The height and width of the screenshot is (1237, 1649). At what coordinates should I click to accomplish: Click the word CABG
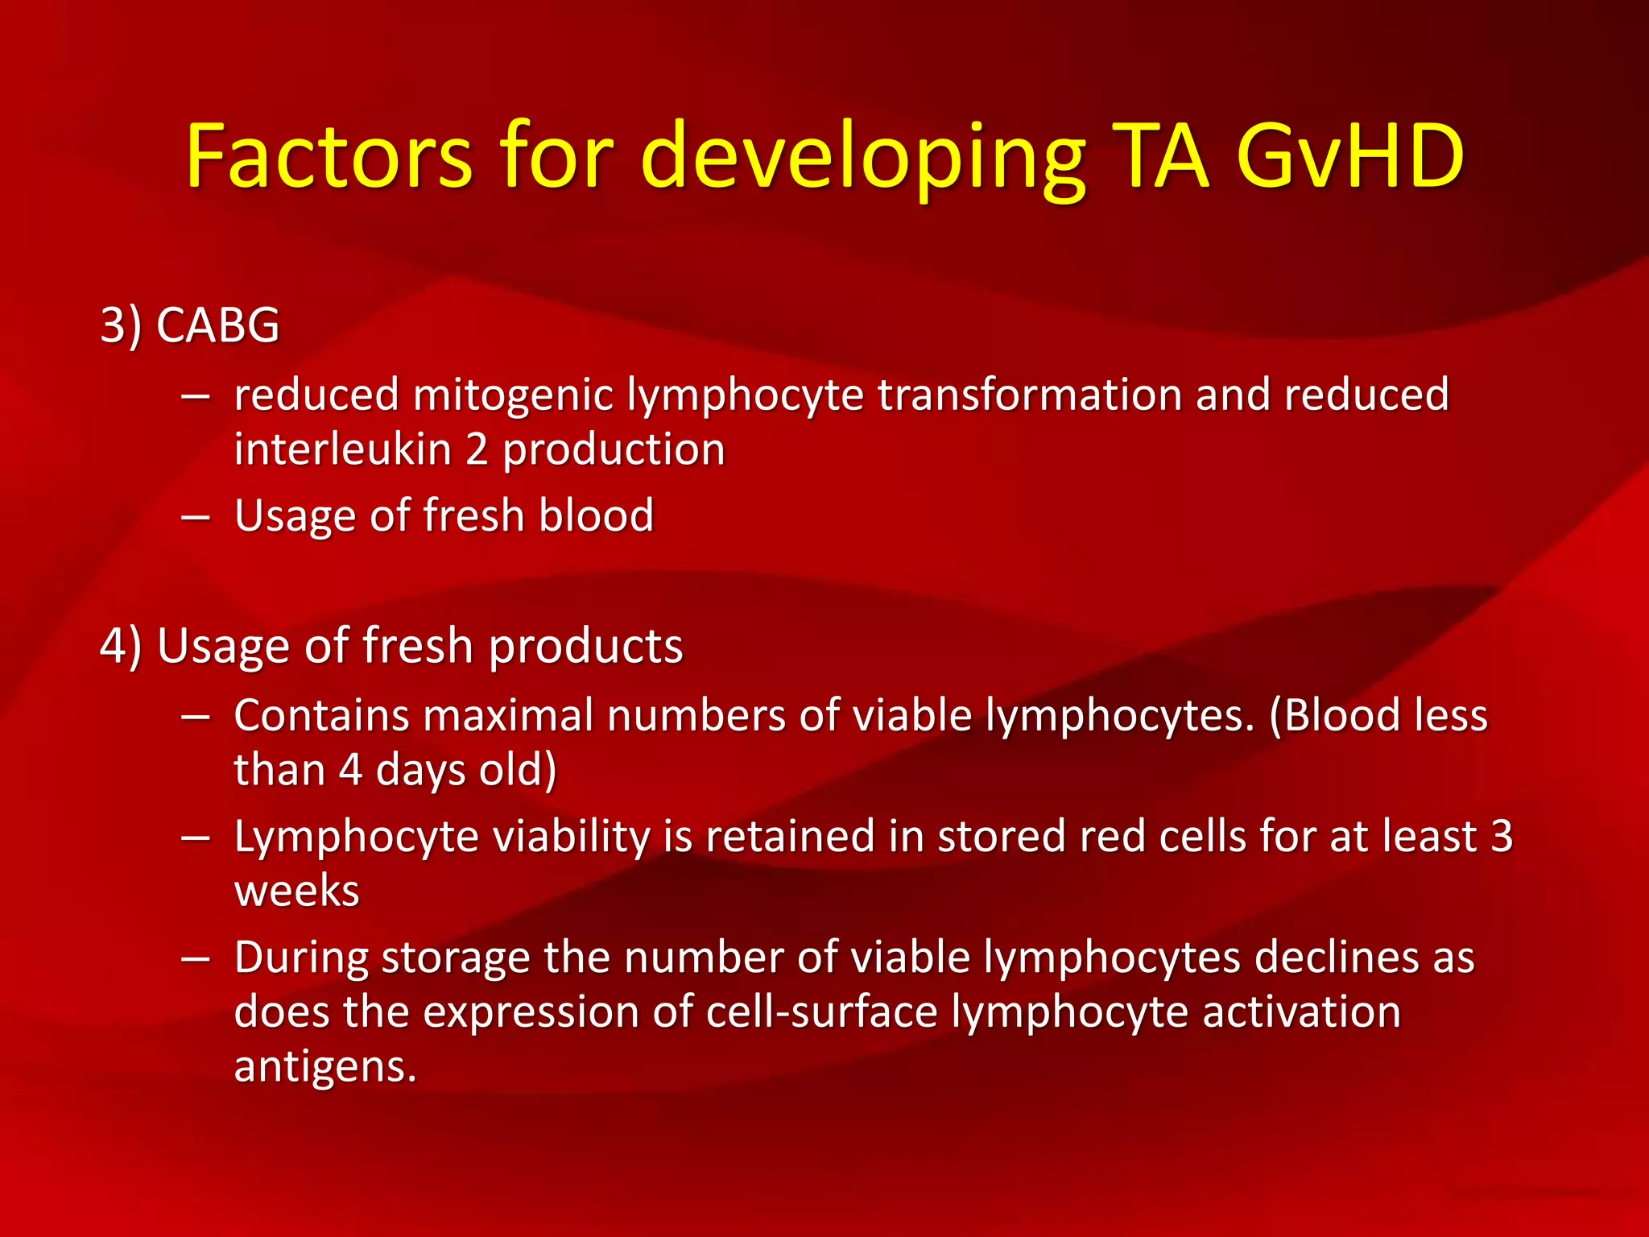click(x=217, y=325)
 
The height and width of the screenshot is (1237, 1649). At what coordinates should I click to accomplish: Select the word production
click(x=614, y=451)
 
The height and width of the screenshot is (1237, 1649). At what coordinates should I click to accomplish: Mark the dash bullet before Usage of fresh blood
click(x=196, y=515)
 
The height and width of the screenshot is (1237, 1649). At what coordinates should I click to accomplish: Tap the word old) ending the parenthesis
click(x=518, y=770)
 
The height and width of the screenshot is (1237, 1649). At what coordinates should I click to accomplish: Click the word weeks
click(x=296, y=892)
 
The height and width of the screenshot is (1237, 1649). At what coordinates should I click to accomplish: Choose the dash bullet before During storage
click(x=196, y=958)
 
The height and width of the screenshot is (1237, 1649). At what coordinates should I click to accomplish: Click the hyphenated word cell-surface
click(x=821, y=1012)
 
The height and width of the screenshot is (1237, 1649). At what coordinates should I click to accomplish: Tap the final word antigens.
click(x=324, y=1068)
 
